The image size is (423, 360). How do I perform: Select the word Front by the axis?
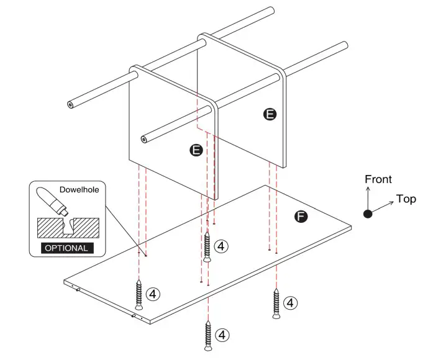coord(378,180)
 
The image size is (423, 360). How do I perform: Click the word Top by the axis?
coord(406,199)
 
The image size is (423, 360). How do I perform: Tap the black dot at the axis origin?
coord(368,214)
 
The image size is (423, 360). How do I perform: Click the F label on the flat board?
coord(301,217)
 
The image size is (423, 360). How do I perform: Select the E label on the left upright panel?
coord(196,150)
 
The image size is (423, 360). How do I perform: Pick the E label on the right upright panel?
coord(270,114)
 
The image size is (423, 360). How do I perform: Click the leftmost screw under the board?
coord(139,295)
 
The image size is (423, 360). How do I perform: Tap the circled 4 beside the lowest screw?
coord(222,335)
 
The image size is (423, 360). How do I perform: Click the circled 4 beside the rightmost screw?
coord(290,303)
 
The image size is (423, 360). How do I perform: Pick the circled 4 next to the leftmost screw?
coord(153,292)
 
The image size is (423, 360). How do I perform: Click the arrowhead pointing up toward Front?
coord(368,187)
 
